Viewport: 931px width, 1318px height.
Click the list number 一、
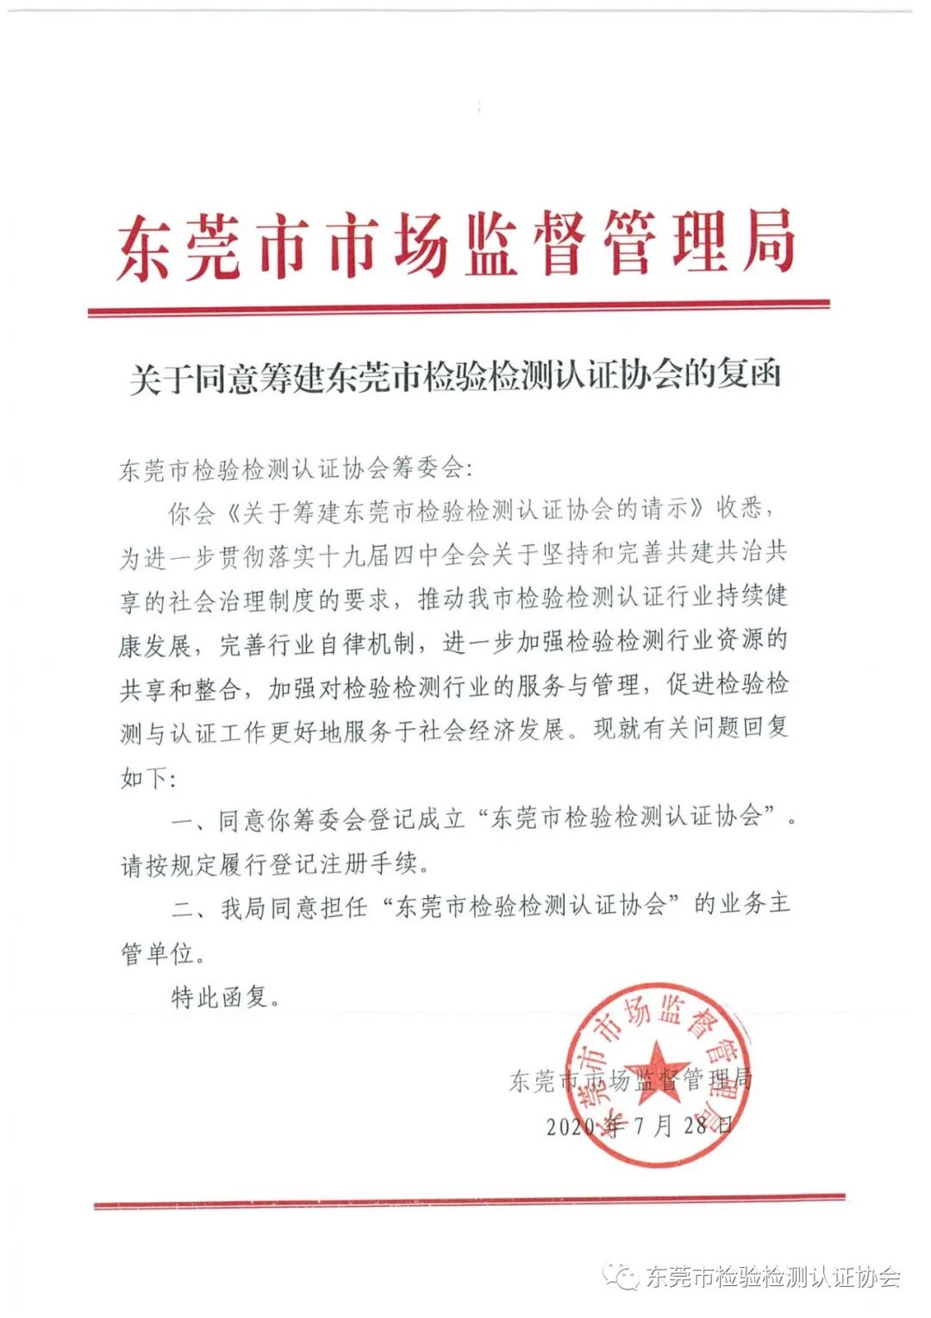tap(188, 820)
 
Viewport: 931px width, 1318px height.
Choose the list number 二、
tap(188, 907)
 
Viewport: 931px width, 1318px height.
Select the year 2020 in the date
tap(571, 1126)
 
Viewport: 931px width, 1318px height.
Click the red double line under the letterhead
tap(459, 308)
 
